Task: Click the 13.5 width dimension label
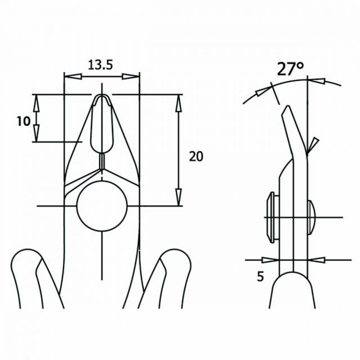[x=100, y=65]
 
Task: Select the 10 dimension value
[x=24, y=121]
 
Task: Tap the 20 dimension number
[x=196, y=156]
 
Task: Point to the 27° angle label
[x=290, y=69]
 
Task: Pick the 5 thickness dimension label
[x=260, y=276]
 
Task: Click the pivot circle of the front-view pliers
[x=102, y=206]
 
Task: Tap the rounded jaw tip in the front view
[x=102, y=97]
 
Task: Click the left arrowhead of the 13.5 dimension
[x=73, y=76]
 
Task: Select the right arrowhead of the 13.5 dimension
[x=130, y=76]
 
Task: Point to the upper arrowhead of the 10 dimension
[x=36, y=103]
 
